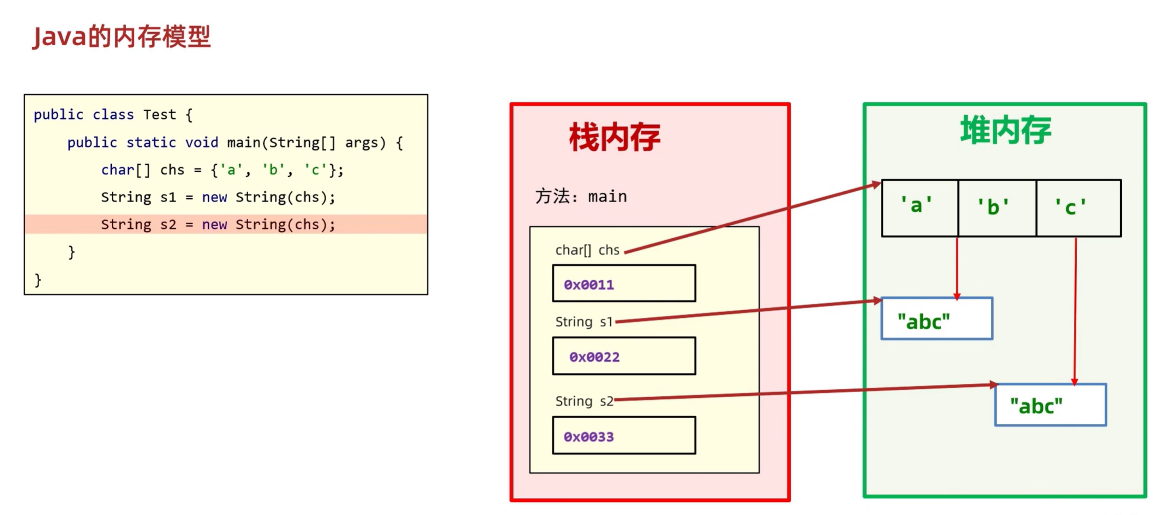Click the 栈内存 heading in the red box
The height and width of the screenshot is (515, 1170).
pos(614,137)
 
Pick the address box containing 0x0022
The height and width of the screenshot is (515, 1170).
pos(624,356)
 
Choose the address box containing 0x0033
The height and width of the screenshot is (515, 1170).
pos(624,436)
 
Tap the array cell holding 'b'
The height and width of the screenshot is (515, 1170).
pos(997,208)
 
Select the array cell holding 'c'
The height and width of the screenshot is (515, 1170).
pos(1078,208)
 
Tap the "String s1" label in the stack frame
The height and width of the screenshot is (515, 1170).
pos(584,322)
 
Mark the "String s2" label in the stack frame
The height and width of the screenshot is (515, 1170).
pos(584,401)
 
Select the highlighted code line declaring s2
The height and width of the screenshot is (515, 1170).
pos(218,224)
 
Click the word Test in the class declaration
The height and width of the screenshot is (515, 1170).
pos(159,115)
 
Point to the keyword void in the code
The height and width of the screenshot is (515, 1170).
pos(201,142)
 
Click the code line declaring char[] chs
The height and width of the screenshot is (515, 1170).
pos(222,170)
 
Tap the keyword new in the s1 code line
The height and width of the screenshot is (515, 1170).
pos(214,197)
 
